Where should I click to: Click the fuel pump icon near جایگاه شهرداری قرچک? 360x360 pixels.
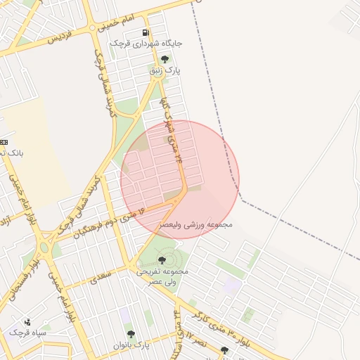coord(146,32)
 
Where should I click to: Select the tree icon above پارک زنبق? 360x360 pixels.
coord(165,60)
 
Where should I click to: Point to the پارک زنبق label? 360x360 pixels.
coord(165,71)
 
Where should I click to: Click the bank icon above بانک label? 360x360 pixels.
coord(4,142)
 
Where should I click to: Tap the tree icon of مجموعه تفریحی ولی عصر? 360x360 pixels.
coord(162,260)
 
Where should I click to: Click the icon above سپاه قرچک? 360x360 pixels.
coord(27,321)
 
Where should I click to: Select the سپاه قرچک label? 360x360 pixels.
coord(27,332)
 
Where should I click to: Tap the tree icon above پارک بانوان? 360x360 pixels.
coord(131,334)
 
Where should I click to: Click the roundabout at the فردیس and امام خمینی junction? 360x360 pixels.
coord(93,28)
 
